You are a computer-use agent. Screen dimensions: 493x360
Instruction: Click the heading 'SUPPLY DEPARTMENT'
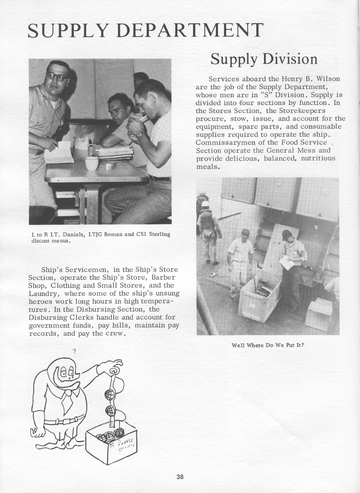(x=145, y=30)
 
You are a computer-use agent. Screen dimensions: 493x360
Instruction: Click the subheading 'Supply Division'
(x=264, y=59)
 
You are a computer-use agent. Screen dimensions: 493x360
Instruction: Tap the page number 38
(x=180, y=477)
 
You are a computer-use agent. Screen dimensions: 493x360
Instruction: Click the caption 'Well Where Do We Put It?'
(x=268, y=345)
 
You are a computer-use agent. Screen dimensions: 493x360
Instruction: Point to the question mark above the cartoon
(x=74, y=351)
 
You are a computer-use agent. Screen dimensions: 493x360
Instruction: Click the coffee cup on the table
(x=92, y=163)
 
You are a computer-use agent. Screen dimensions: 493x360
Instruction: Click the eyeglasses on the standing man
(x=56, y=77)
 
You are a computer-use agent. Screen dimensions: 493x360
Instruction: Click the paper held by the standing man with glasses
(x=59, y=153)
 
